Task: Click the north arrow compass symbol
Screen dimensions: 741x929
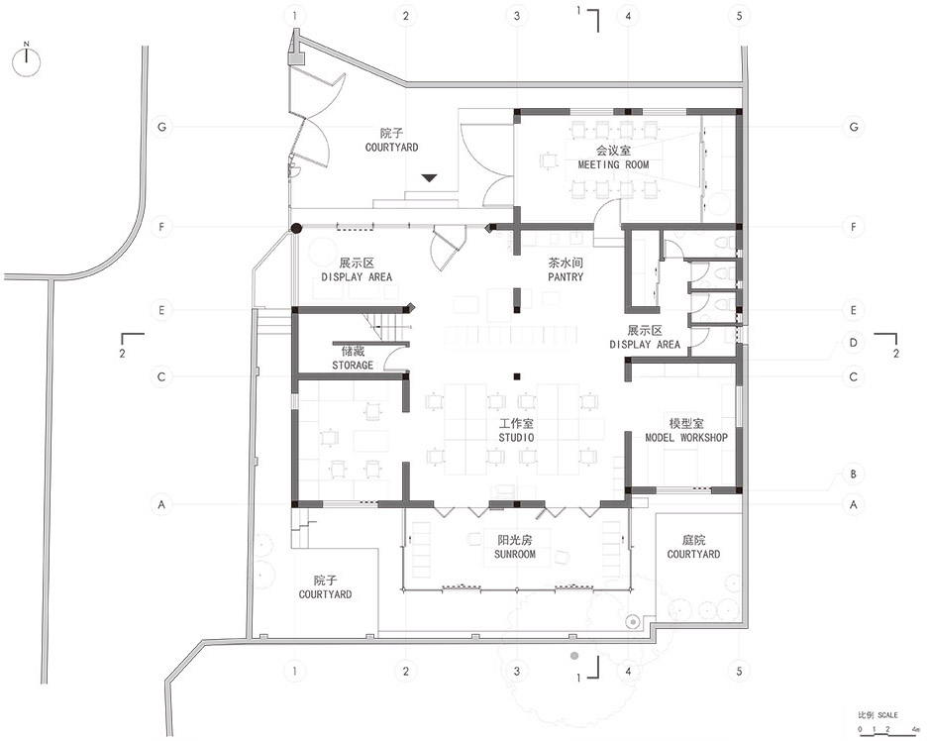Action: [x=28, y=62]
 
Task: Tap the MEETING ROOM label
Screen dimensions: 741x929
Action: [x=614, y=164]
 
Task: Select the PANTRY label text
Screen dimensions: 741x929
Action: [x=566, y=277]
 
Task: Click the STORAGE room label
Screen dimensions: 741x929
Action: [x=353, y=365]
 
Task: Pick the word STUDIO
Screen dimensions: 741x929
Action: [x=516, y=437]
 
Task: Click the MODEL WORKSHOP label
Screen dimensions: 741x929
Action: [x=686, y=437]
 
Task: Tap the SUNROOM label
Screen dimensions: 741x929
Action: [x=515, y=554]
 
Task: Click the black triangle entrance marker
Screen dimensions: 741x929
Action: [x=428, y=178]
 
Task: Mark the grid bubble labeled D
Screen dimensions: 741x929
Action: [x=852, y=343]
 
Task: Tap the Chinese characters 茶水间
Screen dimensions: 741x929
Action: [x=566, y=265]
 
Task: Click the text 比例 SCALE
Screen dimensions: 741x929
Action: [x=877, y=714]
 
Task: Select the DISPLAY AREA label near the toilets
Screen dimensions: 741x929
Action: [x=645, y=344]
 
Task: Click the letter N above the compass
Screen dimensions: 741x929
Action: [x=28, y=44]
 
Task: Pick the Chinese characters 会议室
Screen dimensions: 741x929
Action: [x=614, y=152]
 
